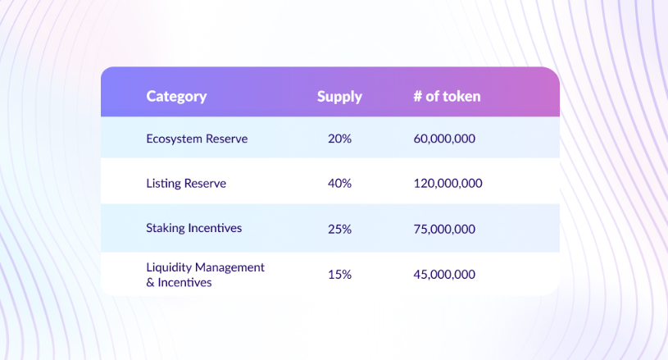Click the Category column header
(176, 97)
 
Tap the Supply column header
(339, 97)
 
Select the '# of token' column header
(447, 96)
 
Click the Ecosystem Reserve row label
(197, 139)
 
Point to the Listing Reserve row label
(186, 183)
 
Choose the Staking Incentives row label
(193, 228)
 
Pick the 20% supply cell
(339, 139)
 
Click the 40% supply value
(339, 183)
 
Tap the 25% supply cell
(339, 230)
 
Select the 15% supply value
(339, 275)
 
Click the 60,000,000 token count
(444, 139)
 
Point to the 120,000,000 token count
(448, 184)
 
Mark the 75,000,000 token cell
(444, 230)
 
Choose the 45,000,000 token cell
(444, 275)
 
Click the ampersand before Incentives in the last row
(150, 282)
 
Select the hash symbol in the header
(417, 97)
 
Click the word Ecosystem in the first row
(175, 139)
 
